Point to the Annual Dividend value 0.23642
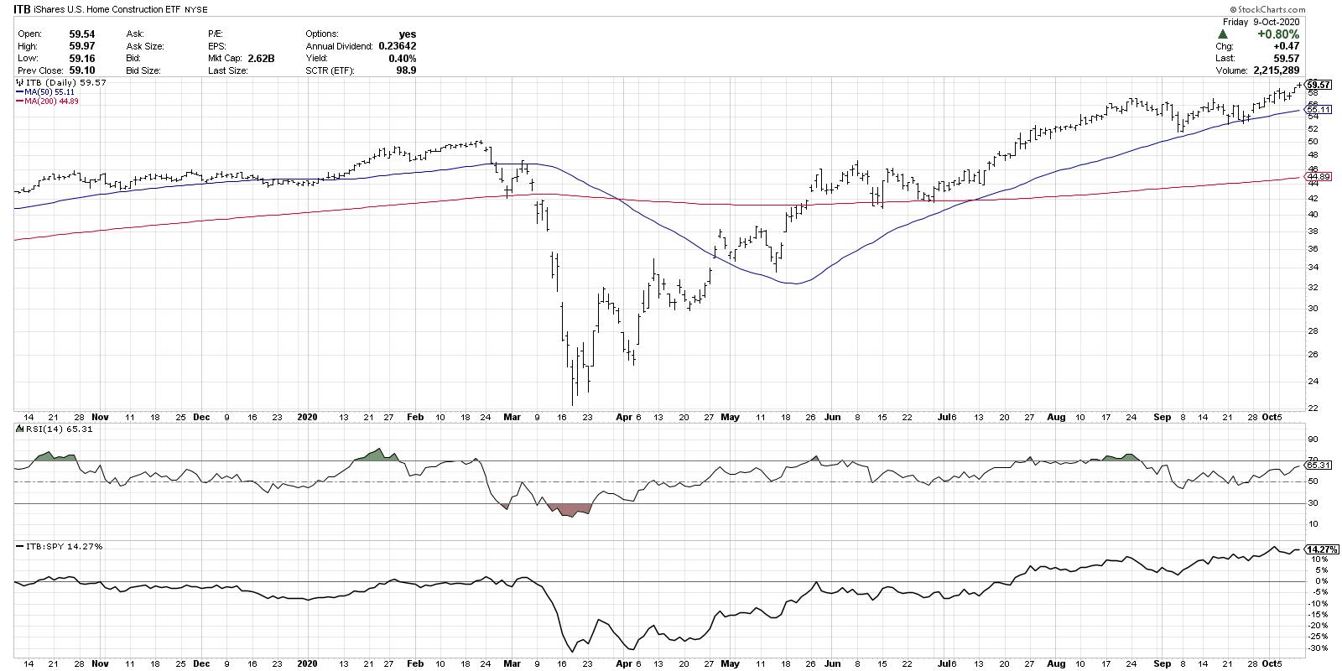click(x=397, y=46)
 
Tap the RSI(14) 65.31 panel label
click(x=47, y=429)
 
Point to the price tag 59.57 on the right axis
click(x=1319, y=85)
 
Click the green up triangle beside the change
click(x=1222, y=34)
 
